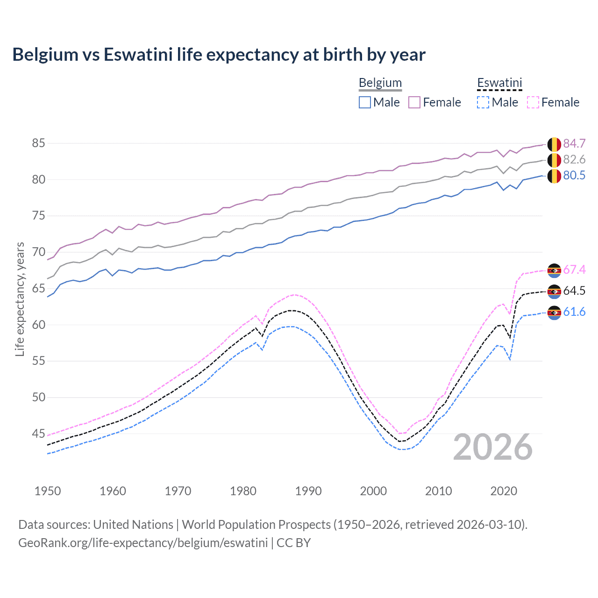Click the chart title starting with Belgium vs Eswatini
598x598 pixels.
219,55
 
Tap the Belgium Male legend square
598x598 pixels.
365,102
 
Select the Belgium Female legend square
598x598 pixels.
414,102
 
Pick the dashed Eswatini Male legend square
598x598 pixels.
483,102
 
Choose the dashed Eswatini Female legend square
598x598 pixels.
533,102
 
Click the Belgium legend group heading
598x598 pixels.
380,83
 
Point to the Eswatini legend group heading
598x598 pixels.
499,83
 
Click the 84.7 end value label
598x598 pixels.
574,143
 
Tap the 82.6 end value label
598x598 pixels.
574,160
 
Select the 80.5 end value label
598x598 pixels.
574,176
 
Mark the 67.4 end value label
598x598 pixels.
574,270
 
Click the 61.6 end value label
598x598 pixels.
574,312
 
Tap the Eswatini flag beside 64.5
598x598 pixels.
554,292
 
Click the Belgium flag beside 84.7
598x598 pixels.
554,144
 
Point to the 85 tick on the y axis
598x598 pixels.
38,143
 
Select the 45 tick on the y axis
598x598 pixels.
38,434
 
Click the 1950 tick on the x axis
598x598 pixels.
48,491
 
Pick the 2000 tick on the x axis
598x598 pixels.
373,491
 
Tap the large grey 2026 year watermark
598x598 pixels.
492,448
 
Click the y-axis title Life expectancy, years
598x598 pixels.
20,299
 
